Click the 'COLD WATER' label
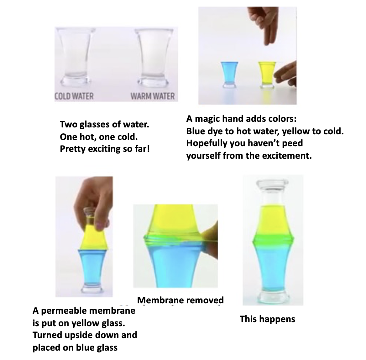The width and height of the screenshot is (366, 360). pyautogui.click(x=74, y=96)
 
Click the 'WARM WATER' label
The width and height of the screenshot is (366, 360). pyautogui.click(x=153, y=96)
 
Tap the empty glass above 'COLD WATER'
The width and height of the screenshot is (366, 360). pyautogui.click(x=76, y=57)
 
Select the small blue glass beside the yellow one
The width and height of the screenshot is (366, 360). pyautogui.click(x=229, y=75)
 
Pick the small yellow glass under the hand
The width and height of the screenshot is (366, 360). pyautogui.click(x=267, y=75)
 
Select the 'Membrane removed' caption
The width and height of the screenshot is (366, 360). pyautogui.click(x=180, y=300)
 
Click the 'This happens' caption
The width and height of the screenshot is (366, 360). pyautogui.click(x=267, y=319)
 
